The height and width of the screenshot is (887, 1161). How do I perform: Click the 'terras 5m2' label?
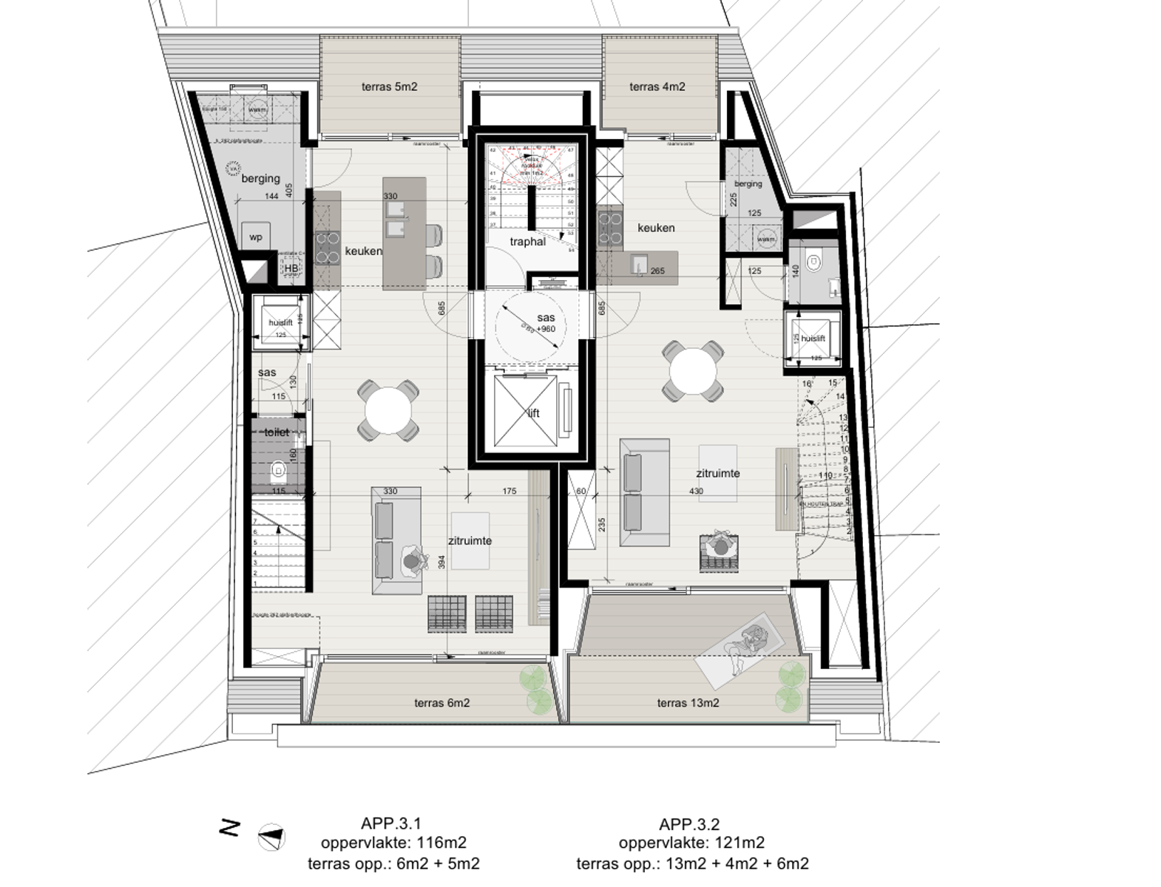[389, 86]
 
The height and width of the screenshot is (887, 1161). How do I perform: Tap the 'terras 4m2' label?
[657, 86]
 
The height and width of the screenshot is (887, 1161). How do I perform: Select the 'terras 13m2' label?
[688, 703]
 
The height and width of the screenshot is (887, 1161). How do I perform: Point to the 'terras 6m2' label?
[441, 703]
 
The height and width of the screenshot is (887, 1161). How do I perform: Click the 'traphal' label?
[527, 242]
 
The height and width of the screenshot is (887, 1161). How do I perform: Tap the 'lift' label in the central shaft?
[534, 413]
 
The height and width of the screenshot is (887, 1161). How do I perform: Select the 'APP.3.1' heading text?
[390, 823]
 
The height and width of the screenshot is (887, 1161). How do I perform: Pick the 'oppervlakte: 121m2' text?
[691, 843]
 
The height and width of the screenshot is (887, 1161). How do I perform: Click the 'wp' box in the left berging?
[256, 237]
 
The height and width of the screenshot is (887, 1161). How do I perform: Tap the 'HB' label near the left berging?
[291, 268]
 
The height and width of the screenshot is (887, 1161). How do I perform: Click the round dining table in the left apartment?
[388, 410]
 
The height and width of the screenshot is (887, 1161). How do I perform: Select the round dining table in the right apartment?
[692, 370]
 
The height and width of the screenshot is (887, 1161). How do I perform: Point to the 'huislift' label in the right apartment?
[813, 338]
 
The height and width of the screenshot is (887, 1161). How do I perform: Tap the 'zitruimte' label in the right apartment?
[717, 473]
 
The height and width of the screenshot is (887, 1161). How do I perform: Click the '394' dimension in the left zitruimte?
[442, 562]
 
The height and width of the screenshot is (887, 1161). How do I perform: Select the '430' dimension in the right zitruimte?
[696, 491]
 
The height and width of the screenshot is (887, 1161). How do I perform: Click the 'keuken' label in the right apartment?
[656, 228]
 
